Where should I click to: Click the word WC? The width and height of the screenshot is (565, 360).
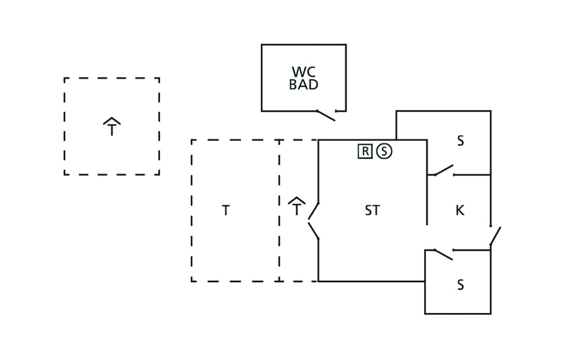point(303,72)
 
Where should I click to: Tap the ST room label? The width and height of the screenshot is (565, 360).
point(372,210)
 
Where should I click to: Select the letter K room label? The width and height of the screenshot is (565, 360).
point(460,210)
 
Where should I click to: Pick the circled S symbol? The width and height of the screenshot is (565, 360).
point(384,150)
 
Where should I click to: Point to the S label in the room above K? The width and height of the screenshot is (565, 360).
point(460,141)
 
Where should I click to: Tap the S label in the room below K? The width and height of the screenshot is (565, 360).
point(460,285)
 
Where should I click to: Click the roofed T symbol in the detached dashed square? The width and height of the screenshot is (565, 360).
point(112,128)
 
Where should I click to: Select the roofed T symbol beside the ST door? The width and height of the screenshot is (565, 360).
point(297,207)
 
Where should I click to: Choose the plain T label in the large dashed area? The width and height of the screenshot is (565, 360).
point(226,210)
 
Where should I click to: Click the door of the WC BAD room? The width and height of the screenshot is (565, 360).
point(326,115)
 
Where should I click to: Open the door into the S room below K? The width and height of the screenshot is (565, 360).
point(443,254)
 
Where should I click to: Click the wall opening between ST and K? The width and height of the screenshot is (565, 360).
point(427,237)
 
